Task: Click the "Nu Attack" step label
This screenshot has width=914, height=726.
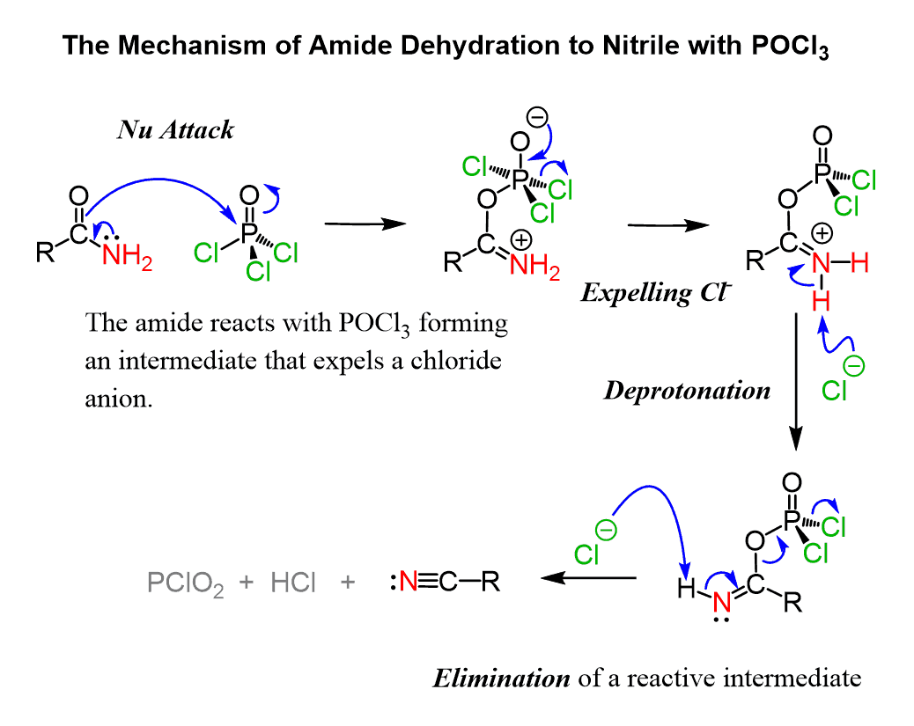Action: (176, 130)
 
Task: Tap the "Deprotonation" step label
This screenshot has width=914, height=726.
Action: (687, 390)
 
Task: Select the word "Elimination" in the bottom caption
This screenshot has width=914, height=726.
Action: (502, 678)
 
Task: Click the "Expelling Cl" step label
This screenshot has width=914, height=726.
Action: (656, 292)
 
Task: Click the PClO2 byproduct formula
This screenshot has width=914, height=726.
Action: (186, 583)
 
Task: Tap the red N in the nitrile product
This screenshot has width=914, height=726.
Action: (409, 582)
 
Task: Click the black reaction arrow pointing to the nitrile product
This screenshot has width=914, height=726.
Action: (587, 578)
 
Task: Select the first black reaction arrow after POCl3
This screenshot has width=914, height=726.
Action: (365, 225)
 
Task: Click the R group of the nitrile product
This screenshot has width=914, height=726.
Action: (490, 582)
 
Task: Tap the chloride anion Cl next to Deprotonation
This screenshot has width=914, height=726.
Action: (835, 389)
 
